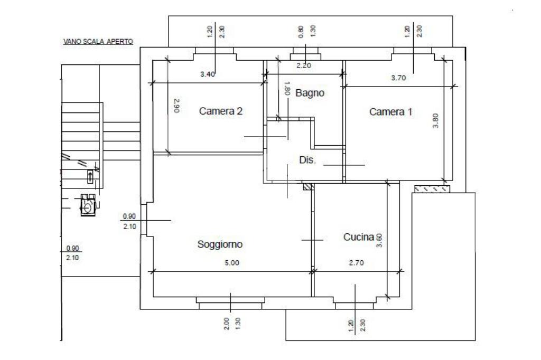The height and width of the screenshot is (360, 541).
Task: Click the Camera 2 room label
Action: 220,111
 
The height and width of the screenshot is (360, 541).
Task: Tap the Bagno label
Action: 310,93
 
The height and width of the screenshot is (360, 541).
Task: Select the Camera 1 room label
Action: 390,112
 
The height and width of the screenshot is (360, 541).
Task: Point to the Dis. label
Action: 307,160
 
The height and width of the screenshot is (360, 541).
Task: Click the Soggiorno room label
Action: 220,244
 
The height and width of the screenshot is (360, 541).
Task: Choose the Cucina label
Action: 359,237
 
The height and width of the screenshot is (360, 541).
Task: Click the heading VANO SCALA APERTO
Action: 98,41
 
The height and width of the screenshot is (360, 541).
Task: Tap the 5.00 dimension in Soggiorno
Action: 232,263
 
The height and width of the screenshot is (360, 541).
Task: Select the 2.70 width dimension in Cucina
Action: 356,263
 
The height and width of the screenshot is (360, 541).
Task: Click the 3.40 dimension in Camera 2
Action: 207,74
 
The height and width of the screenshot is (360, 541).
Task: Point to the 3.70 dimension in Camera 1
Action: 398,78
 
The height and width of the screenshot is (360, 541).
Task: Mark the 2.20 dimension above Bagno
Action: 304,65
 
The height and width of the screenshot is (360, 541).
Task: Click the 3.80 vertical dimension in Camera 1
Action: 435,121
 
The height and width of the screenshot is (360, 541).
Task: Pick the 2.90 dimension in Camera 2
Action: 176,106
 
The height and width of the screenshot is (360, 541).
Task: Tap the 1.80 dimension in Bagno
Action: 287,88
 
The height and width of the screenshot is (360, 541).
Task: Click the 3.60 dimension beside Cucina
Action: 379,240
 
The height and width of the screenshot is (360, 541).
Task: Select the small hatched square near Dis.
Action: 307,186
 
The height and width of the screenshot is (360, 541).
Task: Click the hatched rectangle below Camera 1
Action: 432,188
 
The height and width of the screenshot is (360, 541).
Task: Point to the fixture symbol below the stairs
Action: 88,205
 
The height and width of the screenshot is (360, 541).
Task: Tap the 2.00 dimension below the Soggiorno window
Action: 226,324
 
